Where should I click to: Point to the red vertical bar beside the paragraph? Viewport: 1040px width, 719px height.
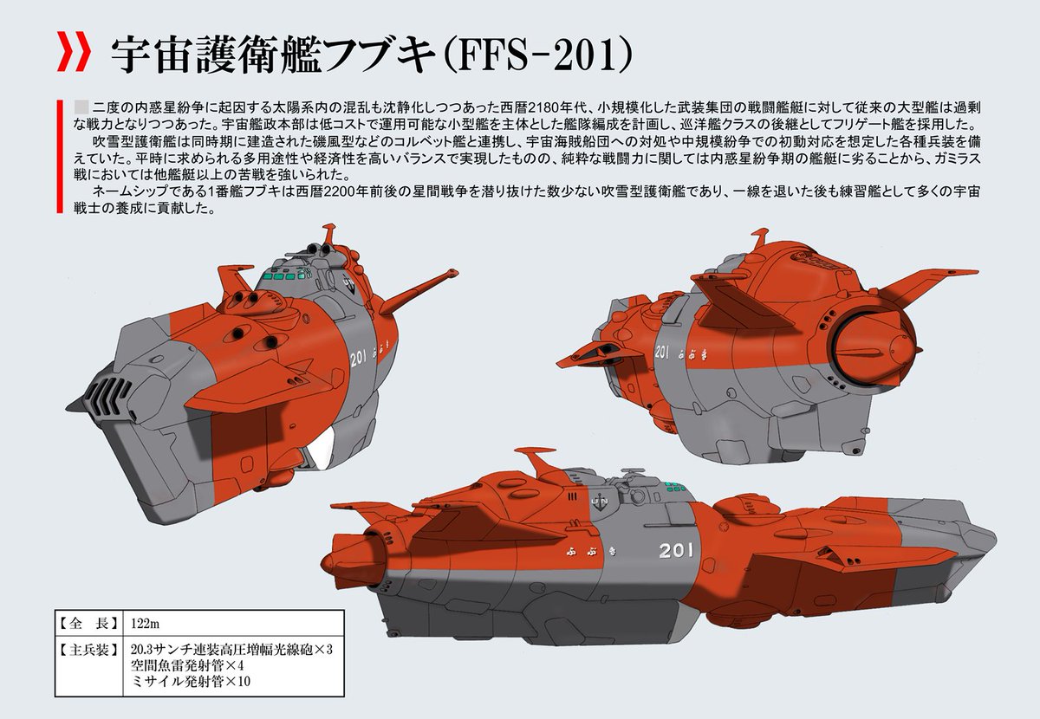click(x=57, y=156)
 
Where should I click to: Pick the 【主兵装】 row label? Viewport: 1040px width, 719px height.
click(x=84, y=647)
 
